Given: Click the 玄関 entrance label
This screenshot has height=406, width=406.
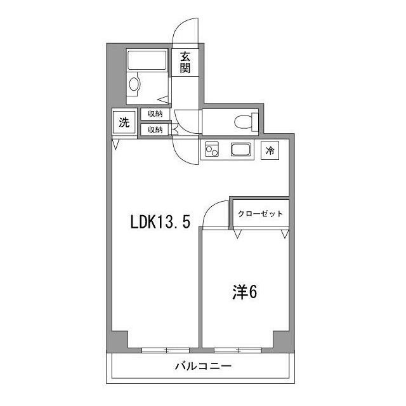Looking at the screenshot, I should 185,62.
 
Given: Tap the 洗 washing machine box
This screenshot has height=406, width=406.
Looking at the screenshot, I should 124,122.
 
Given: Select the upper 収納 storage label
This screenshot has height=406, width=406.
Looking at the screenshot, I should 155,114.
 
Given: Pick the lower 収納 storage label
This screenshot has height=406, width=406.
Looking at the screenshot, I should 155,129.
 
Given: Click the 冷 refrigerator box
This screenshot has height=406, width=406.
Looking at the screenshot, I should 271,151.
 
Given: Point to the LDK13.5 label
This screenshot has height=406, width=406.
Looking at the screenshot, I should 160,223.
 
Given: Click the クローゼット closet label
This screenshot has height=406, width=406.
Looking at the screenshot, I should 260,214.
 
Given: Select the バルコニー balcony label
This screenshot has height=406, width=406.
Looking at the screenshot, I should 203,367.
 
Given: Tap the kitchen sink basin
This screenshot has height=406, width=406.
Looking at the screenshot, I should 242,151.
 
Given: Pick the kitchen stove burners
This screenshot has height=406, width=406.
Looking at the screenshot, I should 211,151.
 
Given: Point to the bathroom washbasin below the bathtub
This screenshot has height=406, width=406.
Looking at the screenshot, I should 134,84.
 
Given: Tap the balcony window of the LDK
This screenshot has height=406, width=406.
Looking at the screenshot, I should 166,350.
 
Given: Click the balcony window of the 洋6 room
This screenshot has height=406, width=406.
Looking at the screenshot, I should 239,350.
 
